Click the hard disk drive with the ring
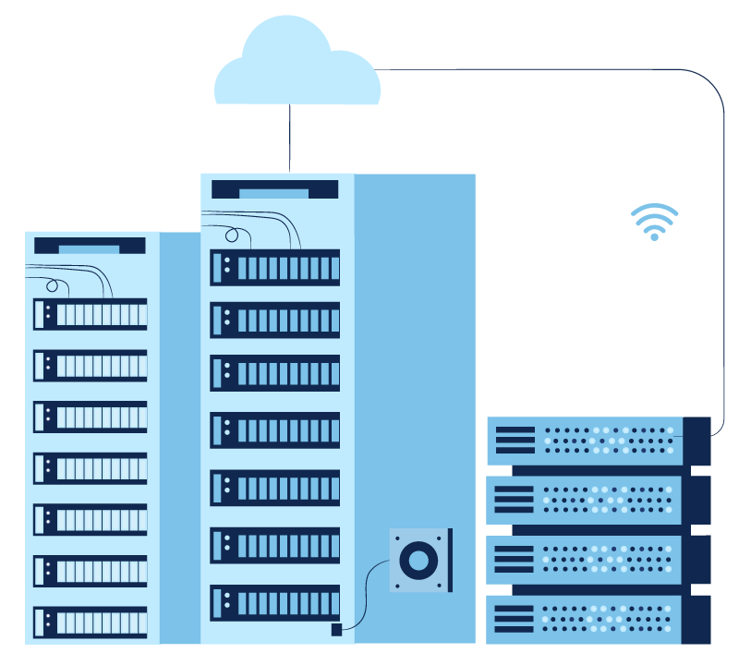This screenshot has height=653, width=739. click(420, 560)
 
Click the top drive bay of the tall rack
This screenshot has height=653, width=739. click(274, 268)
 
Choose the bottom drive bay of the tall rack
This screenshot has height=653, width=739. click(274, 603)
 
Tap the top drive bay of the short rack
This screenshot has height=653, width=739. click(90, 314)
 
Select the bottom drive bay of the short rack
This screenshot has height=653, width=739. click(90, 622)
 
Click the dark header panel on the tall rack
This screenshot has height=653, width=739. click(274, 189)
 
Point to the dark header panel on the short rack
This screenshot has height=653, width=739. click(90, 246)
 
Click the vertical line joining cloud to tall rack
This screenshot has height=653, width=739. click(290, 139)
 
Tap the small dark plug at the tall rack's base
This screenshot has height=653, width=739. click(336, 630)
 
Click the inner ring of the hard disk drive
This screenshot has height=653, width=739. click(418, 560)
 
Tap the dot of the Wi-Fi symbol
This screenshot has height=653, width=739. click(654, 236)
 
